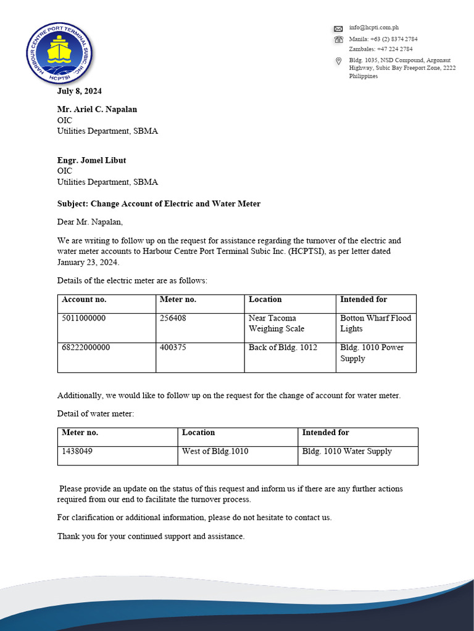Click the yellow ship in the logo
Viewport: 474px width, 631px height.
pyautogui.click(x=59, y=50)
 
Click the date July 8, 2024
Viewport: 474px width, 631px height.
pyautogui.click(x=80, y=91)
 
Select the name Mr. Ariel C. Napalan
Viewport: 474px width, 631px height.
pyautogui.click(x=97, y=109)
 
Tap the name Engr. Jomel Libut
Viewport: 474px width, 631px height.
pyautogui.click(x=91, y=160)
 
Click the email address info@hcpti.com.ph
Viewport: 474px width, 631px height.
pyautogui.click(x=373, y=28)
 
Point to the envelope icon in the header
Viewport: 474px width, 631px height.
pyautogui.click(x=338, y=28)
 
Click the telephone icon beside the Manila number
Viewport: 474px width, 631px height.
pyautogui.click(x=338, y=39)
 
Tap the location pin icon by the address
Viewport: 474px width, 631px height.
pyautogui.click(x=338, y=61)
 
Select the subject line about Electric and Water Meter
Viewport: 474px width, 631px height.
pyautogui.click(x=159, y=204)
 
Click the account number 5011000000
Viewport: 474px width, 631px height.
pyautogui.click(x=84, y=319)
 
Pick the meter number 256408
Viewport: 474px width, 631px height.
pyautogui.click(x=173, y=319)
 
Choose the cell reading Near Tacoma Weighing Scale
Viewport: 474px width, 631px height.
pyautogui.click(x=276, y=324)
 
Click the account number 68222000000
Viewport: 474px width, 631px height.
pyautogui.click(x=86, y=348)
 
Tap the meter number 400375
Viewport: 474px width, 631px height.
pyautogui.click(x=173, y=348)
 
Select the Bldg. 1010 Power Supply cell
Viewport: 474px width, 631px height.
pyautogui.click(x=372, y=353)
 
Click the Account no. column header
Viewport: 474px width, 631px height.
pyautogui.click(x=84, y=299)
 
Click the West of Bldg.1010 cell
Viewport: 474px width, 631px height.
pyautogui.click(x=215, y=452)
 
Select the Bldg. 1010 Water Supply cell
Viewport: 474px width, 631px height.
pyautogui.click(x=346, y=452)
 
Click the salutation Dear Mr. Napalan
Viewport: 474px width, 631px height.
pyautogui.click(x=86, y=222)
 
